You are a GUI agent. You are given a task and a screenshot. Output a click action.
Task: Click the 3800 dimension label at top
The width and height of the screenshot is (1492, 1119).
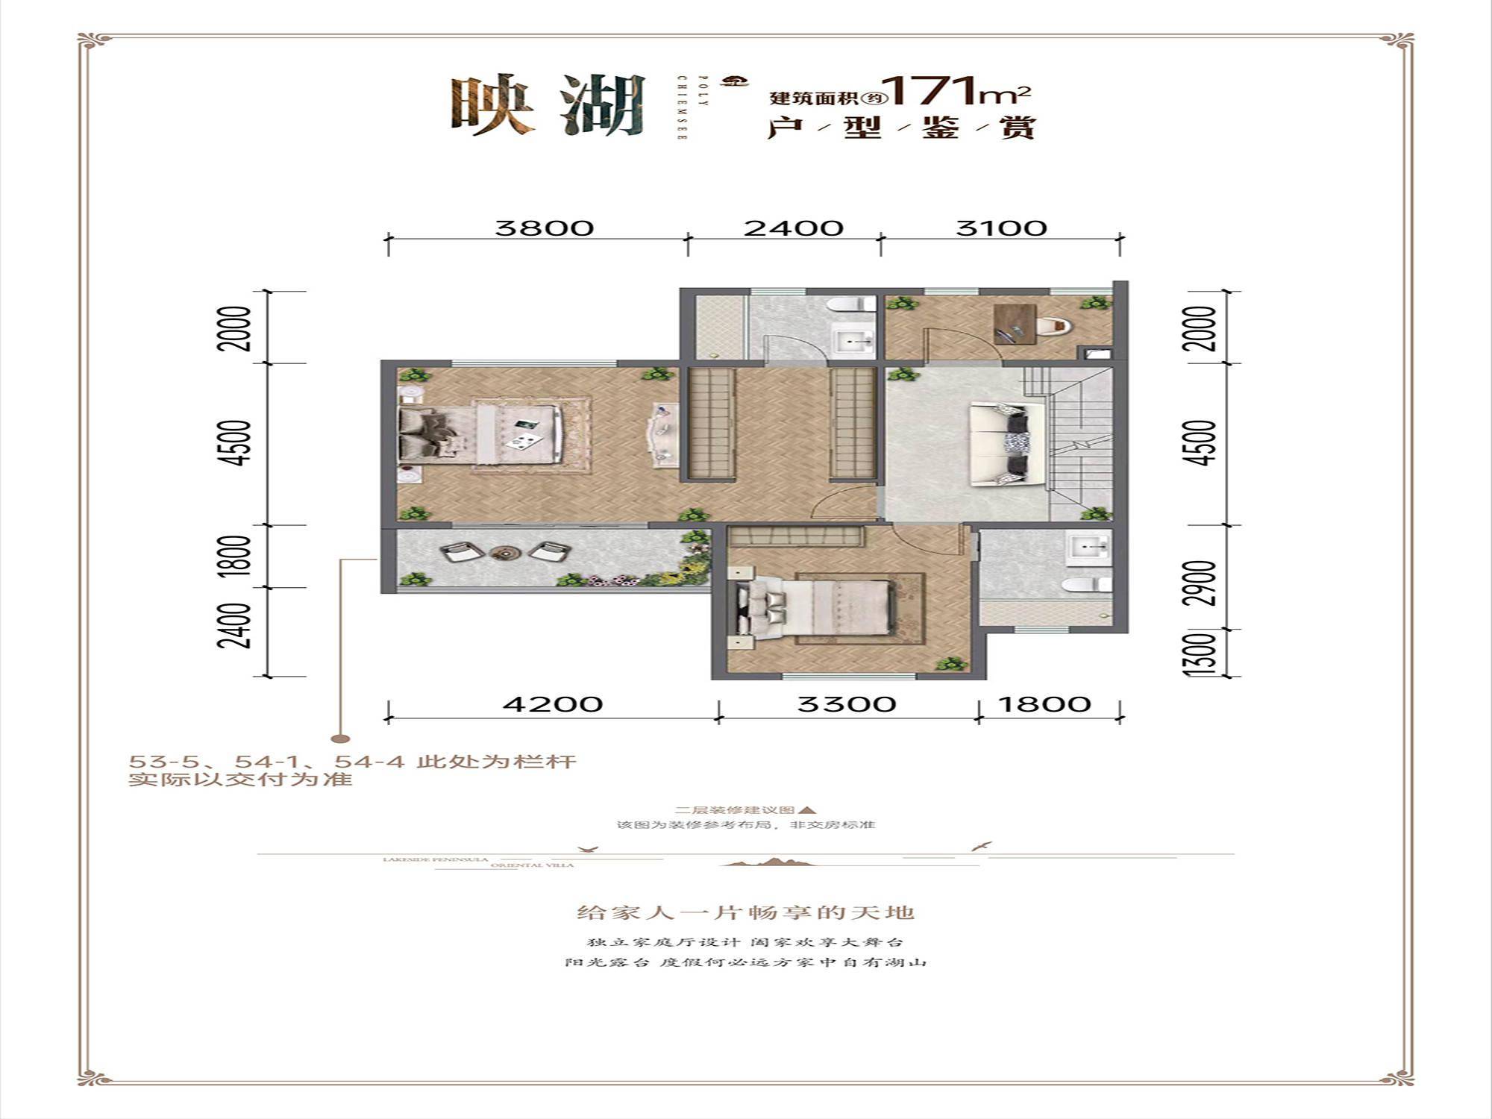click(x=544, y=228)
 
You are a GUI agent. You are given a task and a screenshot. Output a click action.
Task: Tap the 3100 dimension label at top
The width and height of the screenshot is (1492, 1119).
click(x=1001, y=228)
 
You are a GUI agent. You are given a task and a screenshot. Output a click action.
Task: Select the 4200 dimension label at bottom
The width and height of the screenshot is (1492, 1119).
click(x=552, y=703)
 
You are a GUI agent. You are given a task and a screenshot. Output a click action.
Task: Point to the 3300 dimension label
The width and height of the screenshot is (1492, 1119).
click(x=846, y=703)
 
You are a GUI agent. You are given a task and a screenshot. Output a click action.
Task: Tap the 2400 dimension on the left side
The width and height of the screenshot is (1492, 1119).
click(x=234, y=625)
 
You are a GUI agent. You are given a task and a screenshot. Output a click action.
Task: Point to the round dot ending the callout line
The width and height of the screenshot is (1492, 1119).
click(x=340, y=739)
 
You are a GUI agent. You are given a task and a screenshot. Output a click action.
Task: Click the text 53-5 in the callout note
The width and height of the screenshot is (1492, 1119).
click(x=155, y=762)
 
